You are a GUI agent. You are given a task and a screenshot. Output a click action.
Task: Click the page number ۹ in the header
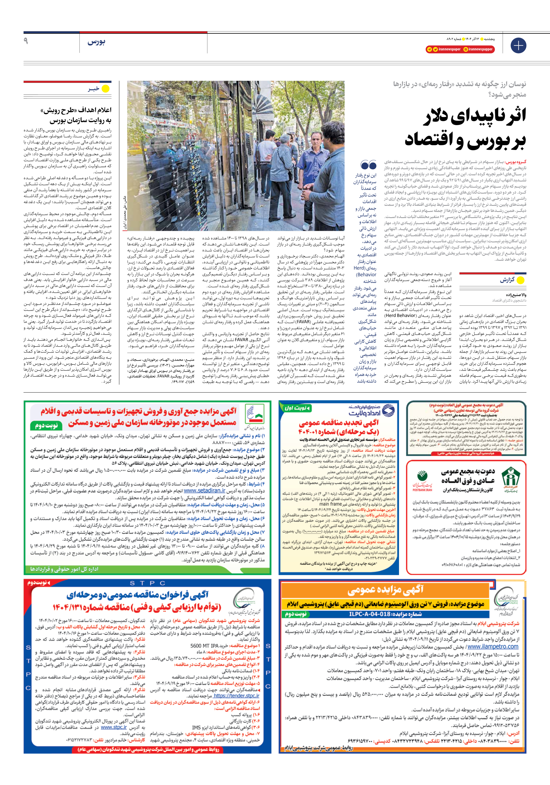tap(26, 41)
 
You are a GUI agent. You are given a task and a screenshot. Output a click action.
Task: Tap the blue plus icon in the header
tap(518, 46)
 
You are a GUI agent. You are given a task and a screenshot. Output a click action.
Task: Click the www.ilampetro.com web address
tap(493, 646)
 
